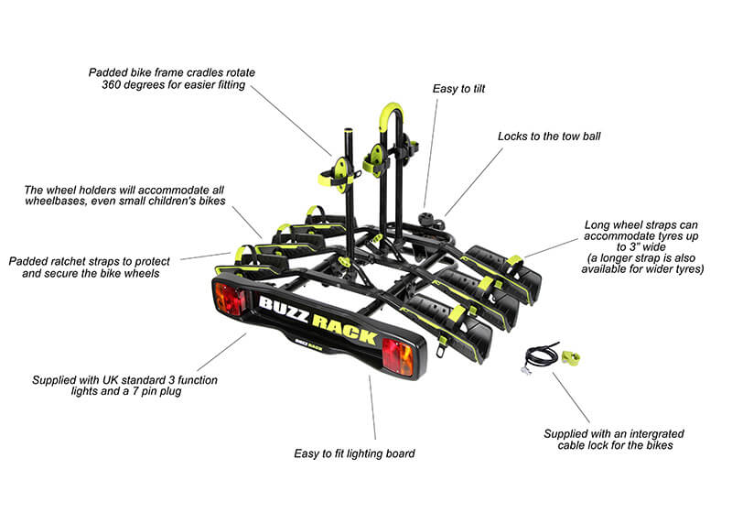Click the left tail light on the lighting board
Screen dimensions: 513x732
(x=229, y=300)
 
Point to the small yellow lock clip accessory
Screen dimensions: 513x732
(x=574, y=356)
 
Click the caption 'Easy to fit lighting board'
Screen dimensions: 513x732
(x=354, y=453)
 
